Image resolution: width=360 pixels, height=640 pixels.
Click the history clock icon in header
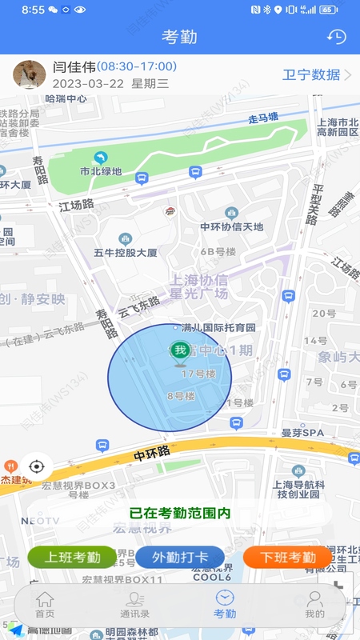click(x=337, y=37)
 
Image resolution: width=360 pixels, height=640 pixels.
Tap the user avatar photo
click(x=29, y=74)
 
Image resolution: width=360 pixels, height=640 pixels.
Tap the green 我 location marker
click(x=180, y=350)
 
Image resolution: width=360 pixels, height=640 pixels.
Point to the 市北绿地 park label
click(x=101, y=170)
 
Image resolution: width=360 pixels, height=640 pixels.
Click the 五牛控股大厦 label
click(x=126, y=252)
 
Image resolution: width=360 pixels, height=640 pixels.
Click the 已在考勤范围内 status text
click(x=179, y=513)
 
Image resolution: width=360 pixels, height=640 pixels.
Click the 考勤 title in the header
click(x=179, y=37)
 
